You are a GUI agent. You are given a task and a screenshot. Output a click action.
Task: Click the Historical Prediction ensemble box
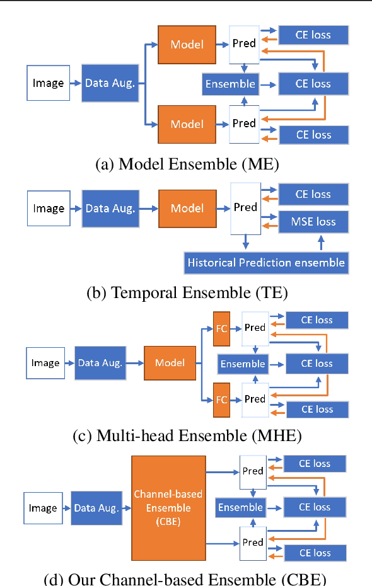tap(266, 262)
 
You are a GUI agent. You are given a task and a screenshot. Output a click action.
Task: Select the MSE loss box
tap(313, 221)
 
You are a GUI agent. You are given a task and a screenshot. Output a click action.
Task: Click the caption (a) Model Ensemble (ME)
tap(187, 164)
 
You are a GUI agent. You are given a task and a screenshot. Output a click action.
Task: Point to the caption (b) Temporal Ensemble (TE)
tap(187, 292)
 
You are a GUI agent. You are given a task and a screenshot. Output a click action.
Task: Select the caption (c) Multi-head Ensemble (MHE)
tap(187, 436)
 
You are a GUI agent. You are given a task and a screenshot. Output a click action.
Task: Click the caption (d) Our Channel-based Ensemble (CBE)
tap(187, 578)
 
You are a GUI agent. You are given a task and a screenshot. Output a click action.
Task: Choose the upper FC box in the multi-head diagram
tap(221, 328)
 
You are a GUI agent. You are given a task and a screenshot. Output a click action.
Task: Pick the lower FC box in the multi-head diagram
tap(221, 399)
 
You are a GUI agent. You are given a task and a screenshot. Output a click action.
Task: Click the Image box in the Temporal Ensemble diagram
tap(49, 209)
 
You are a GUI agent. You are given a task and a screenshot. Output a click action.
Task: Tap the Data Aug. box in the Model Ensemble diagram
tap(110, 83)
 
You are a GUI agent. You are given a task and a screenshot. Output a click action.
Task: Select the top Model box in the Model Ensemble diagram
tap(187, 44)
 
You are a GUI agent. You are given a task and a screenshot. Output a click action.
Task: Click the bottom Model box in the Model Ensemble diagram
tap(187, 124)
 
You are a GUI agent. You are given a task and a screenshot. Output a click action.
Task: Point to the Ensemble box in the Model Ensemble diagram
tap(230, 83)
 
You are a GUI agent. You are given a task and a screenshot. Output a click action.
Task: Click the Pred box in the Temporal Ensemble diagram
tap(245, 207)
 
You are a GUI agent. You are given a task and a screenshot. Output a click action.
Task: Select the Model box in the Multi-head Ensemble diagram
tap(170, 363)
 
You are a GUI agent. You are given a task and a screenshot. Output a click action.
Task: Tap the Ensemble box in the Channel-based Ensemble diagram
tap(240, 508)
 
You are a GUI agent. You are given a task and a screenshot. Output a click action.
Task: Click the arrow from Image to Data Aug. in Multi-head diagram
tap(69, 364)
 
